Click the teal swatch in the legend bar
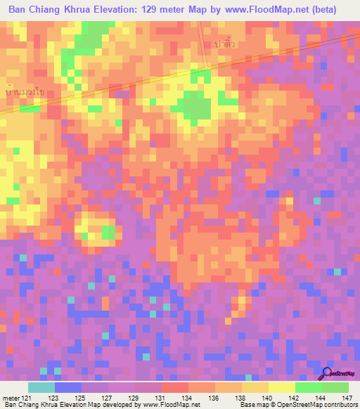(x=41, y=387)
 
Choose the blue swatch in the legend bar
(x=68, y=387)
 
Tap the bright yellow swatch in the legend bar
(x=282, y=387)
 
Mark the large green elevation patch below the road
(x=196, y=105)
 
